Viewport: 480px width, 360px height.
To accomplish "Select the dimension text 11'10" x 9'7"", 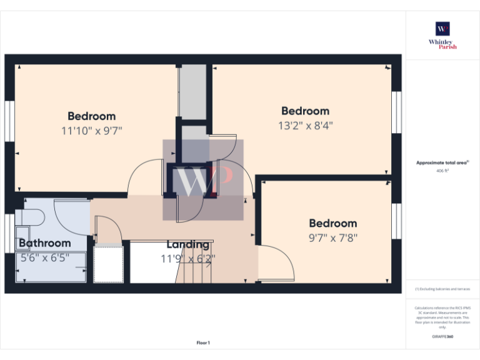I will [91, 131].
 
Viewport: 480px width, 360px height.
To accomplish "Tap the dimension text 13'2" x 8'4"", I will [305, 125].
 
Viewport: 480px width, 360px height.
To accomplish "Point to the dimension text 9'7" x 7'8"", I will [333, 237].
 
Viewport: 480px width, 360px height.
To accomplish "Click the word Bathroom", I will [44, 243].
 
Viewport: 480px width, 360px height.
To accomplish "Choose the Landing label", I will [187, 244].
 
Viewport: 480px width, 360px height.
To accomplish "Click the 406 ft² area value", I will [442, 169].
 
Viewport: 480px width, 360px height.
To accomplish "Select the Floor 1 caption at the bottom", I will [203, 342].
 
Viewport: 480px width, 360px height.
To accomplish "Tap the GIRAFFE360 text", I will [442, 337].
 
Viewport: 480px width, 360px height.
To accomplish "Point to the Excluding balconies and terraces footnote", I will [442, 289].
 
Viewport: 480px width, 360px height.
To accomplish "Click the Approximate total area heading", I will [442, 162].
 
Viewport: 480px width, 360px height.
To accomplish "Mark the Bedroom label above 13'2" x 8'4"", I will [305, 111].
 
